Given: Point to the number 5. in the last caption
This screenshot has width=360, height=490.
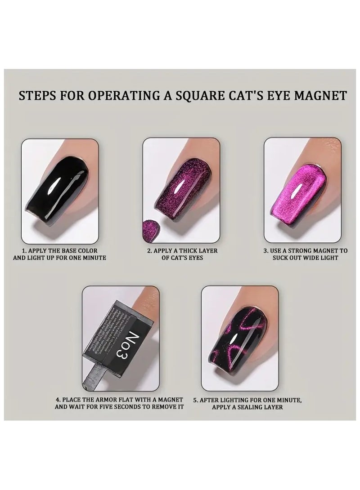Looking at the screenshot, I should [x=196, y=398].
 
